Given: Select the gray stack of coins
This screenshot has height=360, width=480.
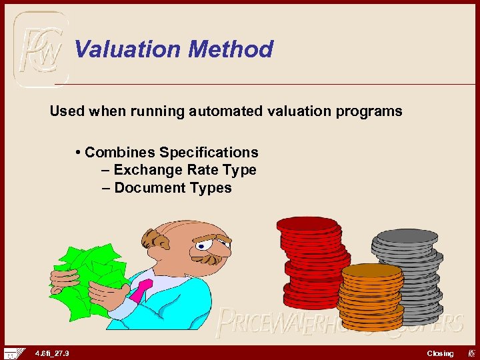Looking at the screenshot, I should click(x=408, y=270).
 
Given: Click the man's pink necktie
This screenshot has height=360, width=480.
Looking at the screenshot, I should click(x=141, y=290).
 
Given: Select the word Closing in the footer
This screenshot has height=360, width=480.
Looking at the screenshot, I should click(x=440, y=353).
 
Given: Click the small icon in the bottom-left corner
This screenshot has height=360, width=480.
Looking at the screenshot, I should click(x=13, y=353).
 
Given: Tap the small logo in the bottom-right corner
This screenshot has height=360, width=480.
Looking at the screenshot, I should click(x=469, y=353).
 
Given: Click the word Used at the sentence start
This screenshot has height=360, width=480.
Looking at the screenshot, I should click(x=67, y=111).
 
